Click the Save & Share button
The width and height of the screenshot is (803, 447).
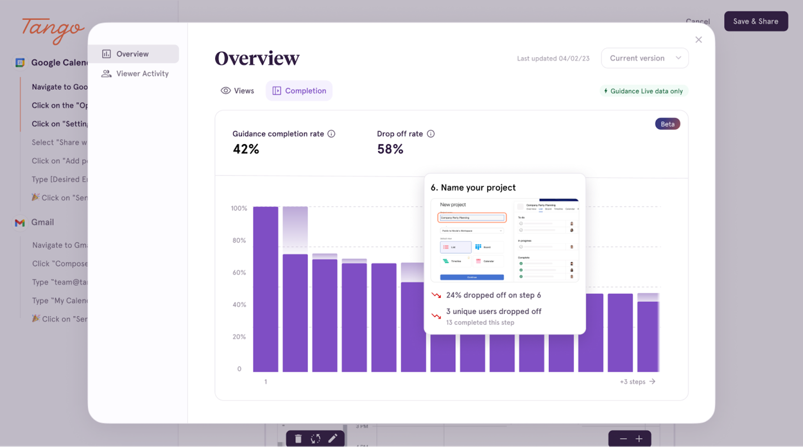point(755,21)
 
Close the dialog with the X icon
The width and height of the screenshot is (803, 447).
point(698,40)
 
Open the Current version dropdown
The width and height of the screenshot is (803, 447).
point(644,58)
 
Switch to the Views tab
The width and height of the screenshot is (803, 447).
point(237,91)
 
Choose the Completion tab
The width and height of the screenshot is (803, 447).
point(299,91)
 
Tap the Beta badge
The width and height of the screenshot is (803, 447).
point(667,124)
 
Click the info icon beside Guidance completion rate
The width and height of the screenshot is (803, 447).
point(331,134)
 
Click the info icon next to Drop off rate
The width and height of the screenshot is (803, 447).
point(431,134)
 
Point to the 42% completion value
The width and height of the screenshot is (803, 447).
point(246,149)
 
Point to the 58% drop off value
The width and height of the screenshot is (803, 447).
point(390,149)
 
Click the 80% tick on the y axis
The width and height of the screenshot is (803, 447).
point(239,241)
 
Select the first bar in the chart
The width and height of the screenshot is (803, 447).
point(265,289)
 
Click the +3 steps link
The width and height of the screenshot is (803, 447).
point(637,382)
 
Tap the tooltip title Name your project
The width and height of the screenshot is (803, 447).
point(473,187)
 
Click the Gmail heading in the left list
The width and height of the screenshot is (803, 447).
point(42,222)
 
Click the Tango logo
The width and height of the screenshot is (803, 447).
point(53,30)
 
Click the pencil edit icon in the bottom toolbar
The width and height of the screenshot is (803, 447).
point(333,438)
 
